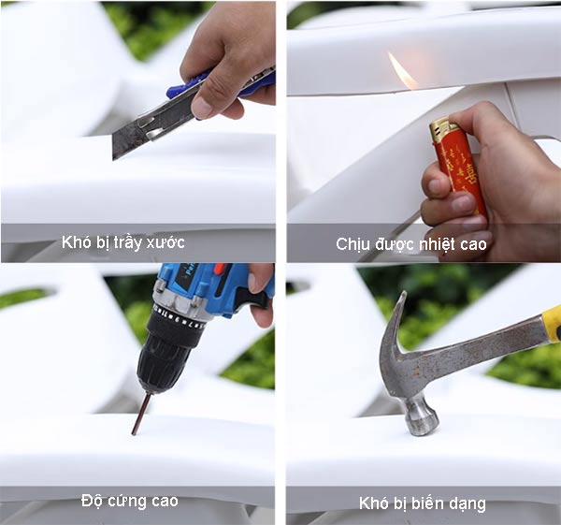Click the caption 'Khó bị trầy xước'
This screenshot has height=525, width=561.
pyautogui.click(x=122, y=243)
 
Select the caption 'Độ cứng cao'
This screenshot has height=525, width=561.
pyautogui.click(x=129, y=501)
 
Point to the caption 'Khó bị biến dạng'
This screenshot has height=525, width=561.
pyautogui.click(x=422, y=503)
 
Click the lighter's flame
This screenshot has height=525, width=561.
pyautogui.click(x=403, y=72)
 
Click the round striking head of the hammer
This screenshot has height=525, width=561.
pyautogui.click(x=422, y=416)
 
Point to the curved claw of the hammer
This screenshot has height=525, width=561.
pyautogui.click(x=393, y=328)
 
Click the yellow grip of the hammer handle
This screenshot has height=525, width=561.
pyautogui.click(x=551, y=324)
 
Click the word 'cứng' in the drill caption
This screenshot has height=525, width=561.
pyautogui.click(x=128, y=501)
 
